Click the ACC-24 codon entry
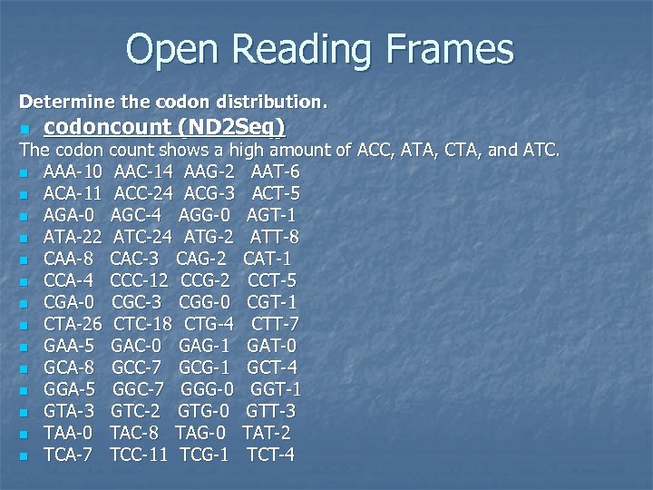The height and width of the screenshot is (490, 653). pos(143,193)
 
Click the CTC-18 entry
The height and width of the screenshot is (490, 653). pos(143,324)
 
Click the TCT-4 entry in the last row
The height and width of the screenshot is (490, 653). pos(270,455)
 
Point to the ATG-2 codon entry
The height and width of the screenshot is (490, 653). pos(209,237)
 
